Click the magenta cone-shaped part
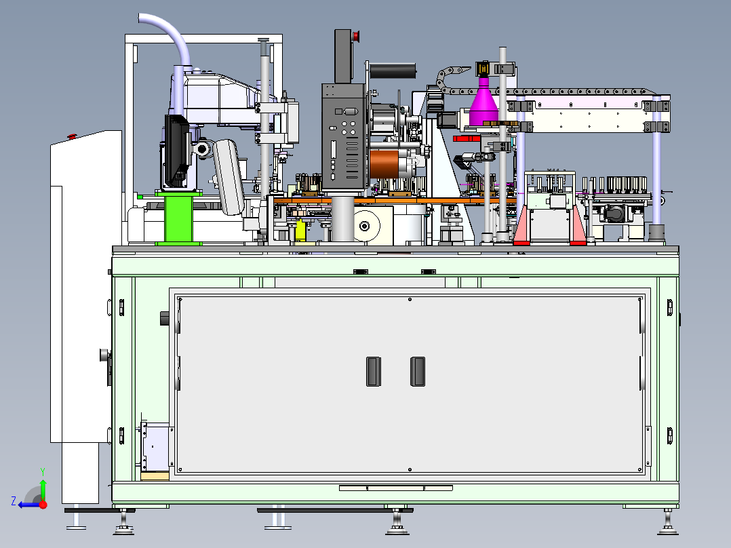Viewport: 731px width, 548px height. click(x=484, y=102)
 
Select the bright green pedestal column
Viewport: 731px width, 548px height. click(x=178, y=218)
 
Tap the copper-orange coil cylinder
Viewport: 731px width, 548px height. click(x=384, y=163)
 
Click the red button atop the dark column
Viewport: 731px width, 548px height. click(x=356, y=35)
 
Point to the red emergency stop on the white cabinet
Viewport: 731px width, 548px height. click(x=72, y=136)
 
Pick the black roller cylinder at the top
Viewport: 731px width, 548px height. click(x=393, y=71)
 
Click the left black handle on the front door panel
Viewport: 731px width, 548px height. click(x=374, y=371)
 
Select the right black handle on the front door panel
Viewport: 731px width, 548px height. click(x=418, y=371)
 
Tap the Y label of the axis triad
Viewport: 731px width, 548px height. click(x=43, y=471)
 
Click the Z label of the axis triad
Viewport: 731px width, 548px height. click(x=14, y=501)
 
